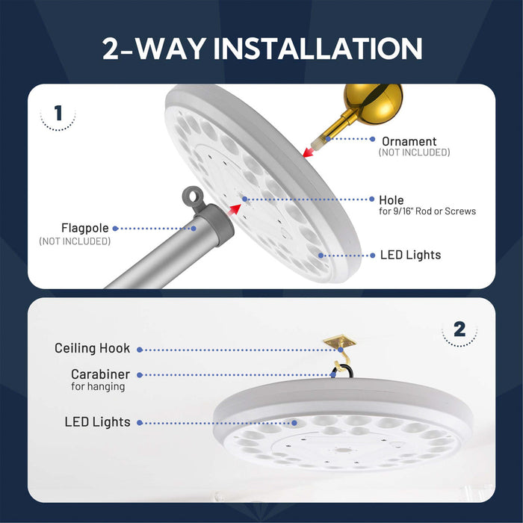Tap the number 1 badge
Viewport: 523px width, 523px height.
[x=58, y=114]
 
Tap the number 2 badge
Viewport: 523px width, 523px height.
[x=459, y=329]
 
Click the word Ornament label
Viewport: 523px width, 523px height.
[x=409, y=141]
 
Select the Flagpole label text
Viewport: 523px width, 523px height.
[x=85, y=228]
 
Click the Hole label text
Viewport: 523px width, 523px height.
[x=392, y=200]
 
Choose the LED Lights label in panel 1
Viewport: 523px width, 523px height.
[x=411, y=255]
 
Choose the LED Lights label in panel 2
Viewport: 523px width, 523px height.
[x=97, y=422]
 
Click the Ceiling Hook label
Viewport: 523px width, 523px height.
[x=92, y=348]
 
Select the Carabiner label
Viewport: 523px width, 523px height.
[x=100, y=374]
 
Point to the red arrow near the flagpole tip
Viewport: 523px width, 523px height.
[x=232, y=205]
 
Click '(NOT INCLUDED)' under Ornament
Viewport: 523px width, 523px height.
[x=414, y=152]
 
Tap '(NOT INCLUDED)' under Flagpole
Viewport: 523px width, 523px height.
[x=75, y=241]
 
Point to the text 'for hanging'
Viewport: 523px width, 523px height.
[x=98, y=387]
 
